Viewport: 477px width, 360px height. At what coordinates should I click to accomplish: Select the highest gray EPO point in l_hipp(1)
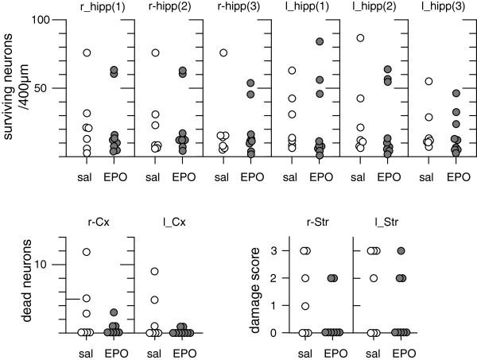(x=320, y=41)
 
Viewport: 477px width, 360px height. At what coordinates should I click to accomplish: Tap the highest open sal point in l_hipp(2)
(x=360, y=37)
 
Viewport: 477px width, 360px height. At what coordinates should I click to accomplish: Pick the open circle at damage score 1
(x=303, y=306)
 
